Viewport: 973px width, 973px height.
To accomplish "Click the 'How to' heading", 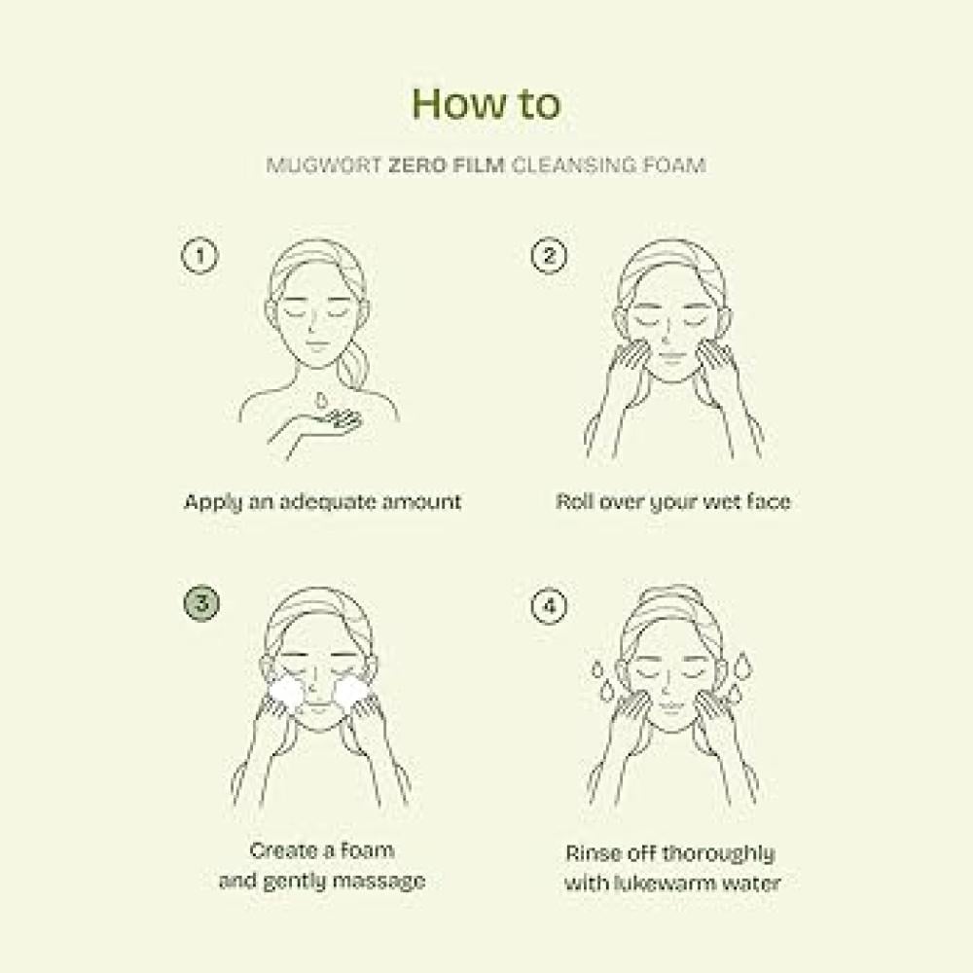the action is tap(486, 103).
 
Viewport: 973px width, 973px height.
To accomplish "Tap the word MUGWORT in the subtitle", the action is tap(324, 165).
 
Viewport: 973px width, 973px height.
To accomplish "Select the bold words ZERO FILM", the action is tap(447, 165).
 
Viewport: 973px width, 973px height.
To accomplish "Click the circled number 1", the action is tap(199, 255).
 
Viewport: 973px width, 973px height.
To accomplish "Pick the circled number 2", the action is tap(549, 255).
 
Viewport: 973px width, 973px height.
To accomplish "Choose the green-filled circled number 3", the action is tap(201, 604).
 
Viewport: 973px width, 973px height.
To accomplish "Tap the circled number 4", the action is tap(549, 605).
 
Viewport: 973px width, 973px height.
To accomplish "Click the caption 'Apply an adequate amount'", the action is tap(323, 502).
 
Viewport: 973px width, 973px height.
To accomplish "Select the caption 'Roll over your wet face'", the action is tap(673, 501).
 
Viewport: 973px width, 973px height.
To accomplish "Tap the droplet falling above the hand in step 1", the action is tap(320, 398).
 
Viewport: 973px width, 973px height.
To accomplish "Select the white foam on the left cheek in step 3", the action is tap(286, 697).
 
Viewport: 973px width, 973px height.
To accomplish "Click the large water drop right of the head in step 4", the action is tap(742, 666).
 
